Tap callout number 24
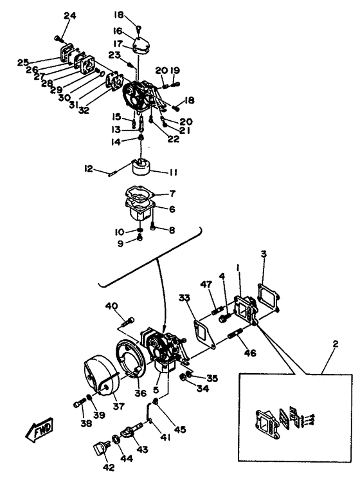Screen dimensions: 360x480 (69, 16)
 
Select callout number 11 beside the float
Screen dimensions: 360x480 (172, 172)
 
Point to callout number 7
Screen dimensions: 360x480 (172, 194)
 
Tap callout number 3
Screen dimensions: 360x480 (264, 254)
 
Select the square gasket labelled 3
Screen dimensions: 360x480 (269, 294)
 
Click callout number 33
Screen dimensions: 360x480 (184, 297)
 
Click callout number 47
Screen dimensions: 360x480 (206, 284)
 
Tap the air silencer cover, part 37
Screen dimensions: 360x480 (101, 376)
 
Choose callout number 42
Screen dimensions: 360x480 (109, 467)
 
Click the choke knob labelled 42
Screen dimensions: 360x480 (100, 449)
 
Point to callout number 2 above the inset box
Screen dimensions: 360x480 (336, 344)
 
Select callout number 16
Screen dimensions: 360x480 (118, 32)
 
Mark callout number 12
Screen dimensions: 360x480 (89, 169)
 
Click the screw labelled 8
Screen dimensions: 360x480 (154, 227)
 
